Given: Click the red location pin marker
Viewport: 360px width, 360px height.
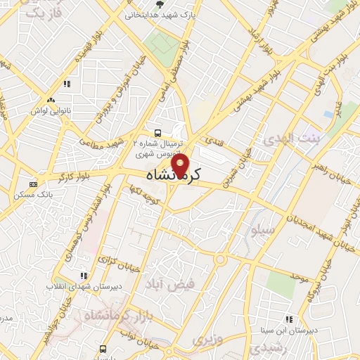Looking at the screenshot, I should point(181,166).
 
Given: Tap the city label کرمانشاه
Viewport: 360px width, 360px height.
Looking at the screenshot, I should point(183,174).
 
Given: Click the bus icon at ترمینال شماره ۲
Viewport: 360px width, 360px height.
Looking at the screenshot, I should point(158,132).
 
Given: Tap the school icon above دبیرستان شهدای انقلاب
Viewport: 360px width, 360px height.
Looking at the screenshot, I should point(84,276).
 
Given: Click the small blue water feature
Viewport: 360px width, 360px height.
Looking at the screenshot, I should point(328,114).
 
